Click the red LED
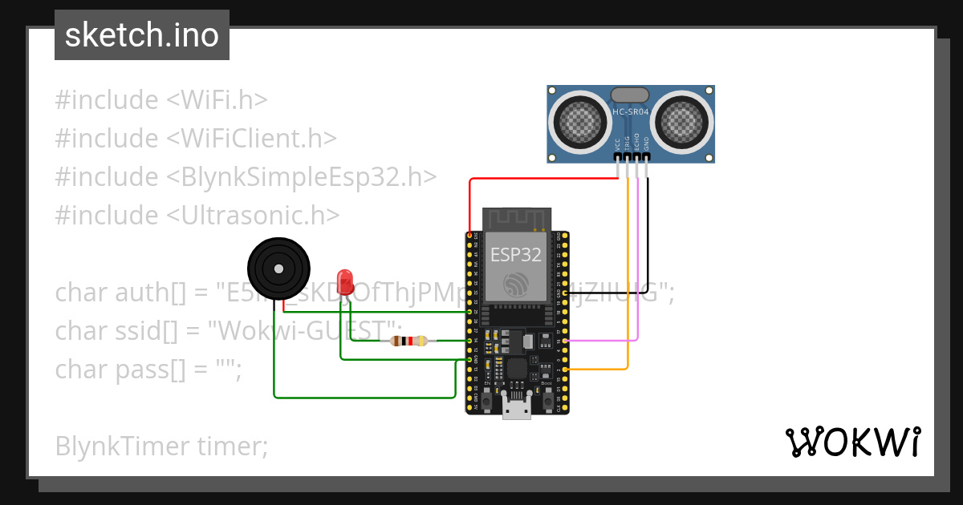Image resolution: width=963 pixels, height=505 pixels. click(x=346, y=281)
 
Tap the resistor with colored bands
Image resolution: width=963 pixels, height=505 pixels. click(x=408, y=341)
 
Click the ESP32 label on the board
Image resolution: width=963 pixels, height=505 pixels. click(x=516, y=255)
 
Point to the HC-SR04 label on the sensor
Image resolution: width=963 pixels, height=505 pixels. click(x=630, y=112)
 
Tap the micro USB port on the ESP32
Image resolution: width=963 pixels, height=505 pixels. click(x=516, y=408)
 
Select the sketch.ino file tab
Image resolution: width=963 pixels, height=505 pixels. click(x=142, y=35)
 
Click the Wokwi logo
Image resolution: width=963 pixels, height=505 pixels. click(x=852, y=442)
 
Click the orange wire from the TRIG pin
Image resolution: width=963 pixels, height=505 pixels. click(x=628, y=281)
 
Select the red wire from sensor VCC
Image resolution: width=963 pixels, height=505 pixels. click(x=546, y=179)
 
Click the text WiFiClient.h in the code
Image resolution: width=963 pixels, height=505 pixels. click(x=251, y=138)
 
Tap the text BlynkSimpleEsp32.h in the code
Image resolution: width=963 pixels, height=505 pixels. click(x=302, y=176)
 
